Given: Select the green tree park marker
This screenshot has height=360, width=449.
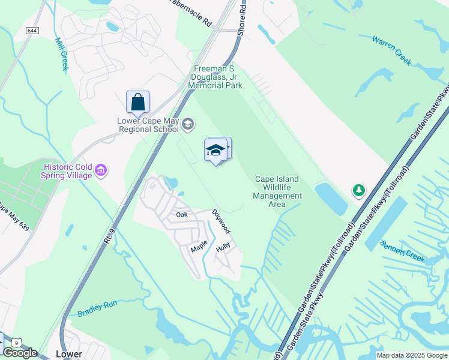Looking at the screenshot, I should [359, 190].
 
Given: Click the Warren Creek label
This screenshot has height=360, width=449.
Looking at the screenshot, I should [391, 49].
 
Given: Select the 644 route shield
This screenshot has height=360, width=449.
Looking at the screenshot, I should [33, 31].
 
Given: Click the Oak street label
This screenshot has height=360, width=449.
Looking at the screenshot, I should [182, 214].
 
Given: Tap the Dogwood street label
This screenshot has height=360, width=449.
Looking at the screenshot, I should [221, 221].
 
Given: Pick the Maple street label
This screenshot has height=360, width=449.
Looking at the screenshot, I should [199, 246].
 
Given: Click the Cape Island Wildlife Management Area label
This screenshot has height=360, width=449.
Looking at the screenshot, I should [277, 191].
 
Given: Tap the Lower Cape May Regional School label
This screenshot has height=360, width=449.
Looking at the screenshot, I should [148, 125].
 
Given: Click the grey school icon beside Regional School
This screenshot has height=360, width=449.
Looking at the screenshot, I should [188, 124].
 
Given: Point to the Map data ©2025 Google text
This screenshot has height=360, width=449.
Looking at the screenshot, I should [412, 356].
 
